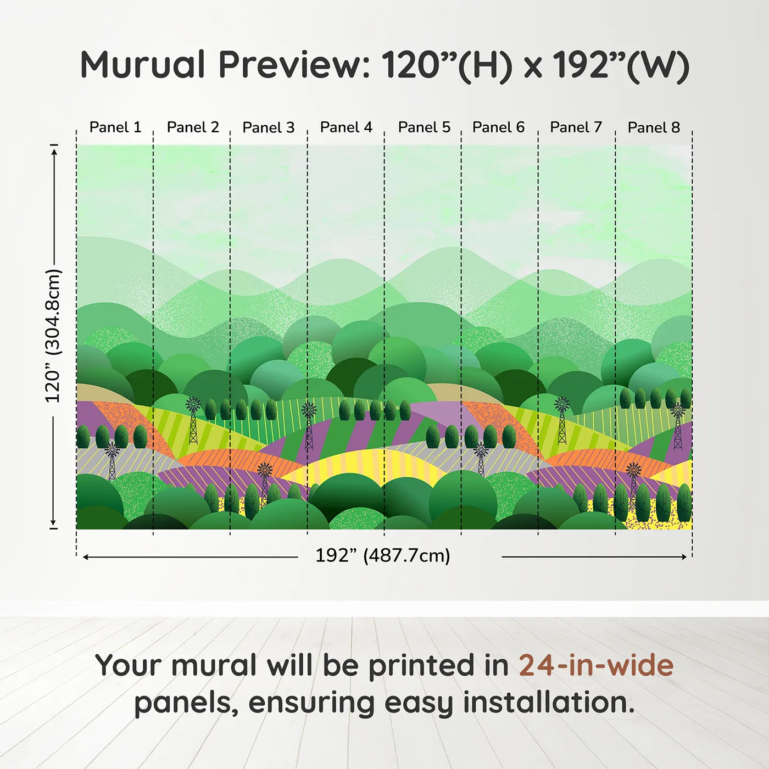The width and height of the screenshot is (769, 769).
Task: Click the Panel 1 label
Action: pyautogui.click(x=115, y=127)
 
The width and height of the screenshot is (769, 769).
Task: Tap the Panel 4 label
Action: pyautogui.click(x=346, y=127)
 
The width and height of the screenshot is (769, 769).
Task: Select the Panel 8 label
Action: pyautogui.click(x=654, y=127)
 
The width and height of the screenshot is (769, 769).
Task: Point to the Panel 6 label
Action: pyautogui.click(x=498, y=127)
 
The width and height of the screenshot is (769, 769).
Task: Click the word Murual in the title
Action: pyautogui.click(x=143, y=65)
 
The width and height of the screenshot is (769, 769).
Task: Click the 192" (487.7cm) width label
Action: pyautogui.click(x=383, y=555)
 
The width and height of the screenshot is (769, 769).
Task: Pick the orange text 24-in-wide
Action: pyautogui.click(x=596, y=665)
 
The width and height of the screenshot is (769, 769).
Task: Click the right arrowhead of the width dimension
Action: pyautogui.click(x=682, y=556)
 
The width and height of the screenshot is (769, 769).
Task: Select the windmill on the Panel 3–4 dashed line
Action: pyautogui.click(x=309, y=427)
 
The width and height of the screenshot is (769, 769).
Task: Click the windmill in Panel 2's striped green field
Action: pyautogui.click(x=193, y=420)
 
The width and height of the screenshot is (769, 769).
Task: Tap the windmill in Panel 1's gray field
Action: pyautogui.click(x=112, y=461)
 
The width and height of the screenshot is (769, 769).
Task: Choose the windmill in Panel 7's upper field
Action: pyautogui.click(x=562, y=420)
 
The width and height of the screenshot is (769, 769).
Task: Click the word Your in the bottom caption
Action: pyautogui.click(x=129, y=665)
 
